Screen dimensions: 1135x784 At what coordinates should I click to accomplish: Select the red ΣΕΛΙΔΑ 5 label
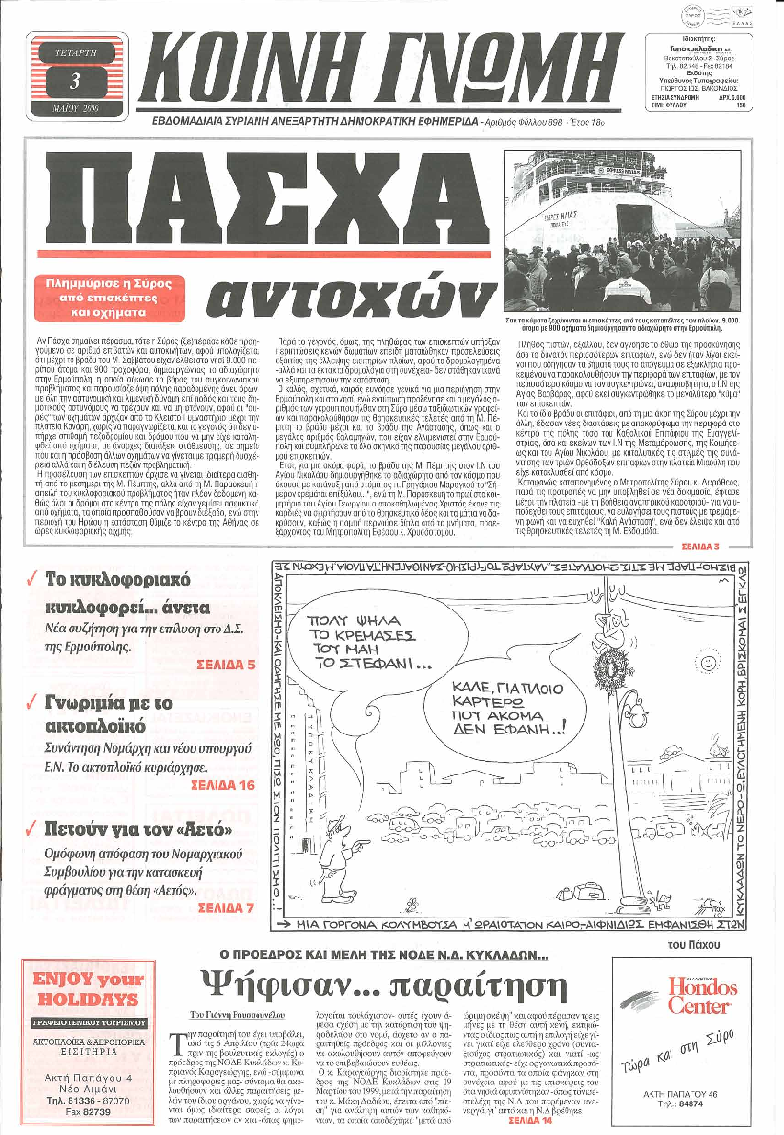click(223, 662)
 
